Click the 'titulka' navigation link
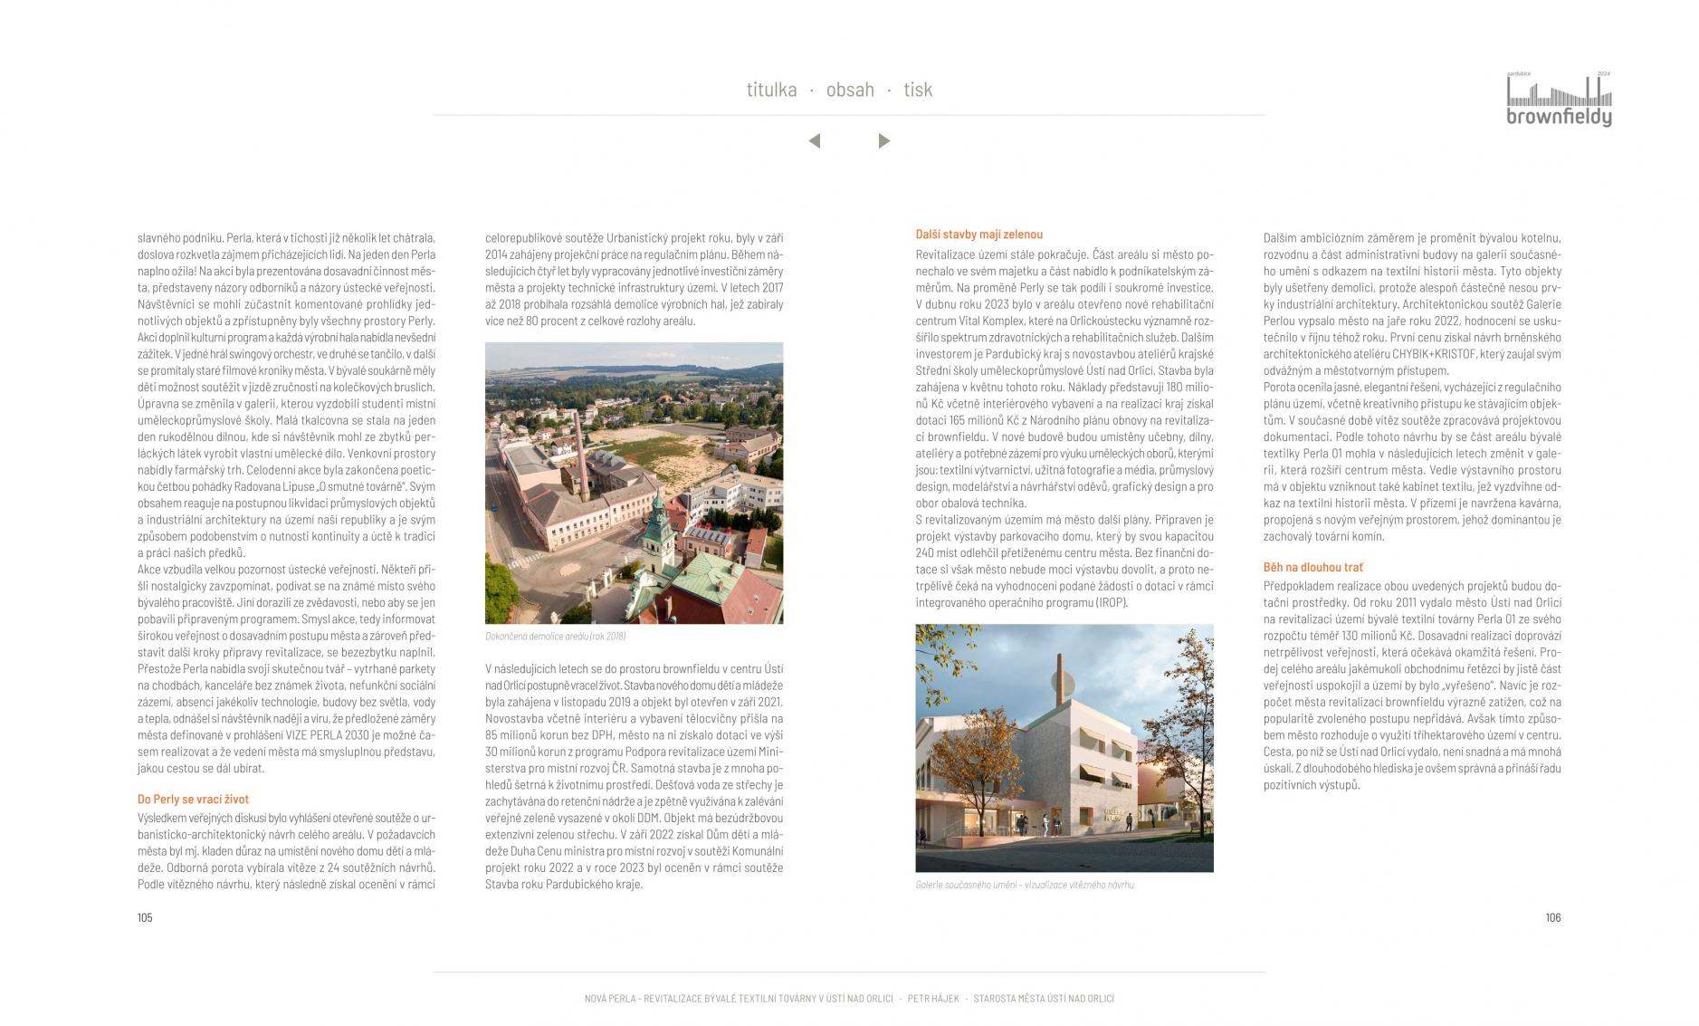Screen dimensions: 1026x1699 coord(771,90)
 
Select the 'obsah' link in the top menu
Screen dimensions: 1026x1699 coord(850,90)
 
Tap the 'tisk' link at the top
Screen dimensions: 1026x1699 coord(917,90)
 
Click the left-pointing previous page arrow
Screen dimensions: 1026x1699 coord(815,141)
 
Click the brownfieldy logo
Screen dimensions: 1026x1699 coord(1559,101)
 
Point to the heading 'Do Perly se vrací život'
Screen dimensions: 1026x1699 coord(193,800)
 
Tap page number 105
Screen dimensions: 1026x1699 coord(145,917)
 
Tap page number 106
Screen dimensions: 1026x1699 coord(1552,917)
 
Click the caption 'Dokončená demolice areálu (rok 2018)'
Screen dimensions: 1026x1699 coord(555,637)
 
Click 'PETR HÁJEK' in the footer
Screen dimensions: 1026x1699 coord(932,999)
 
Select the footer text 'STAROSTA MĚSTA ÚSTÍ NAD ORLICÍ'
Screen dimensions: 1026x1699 coord(1044,999)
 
